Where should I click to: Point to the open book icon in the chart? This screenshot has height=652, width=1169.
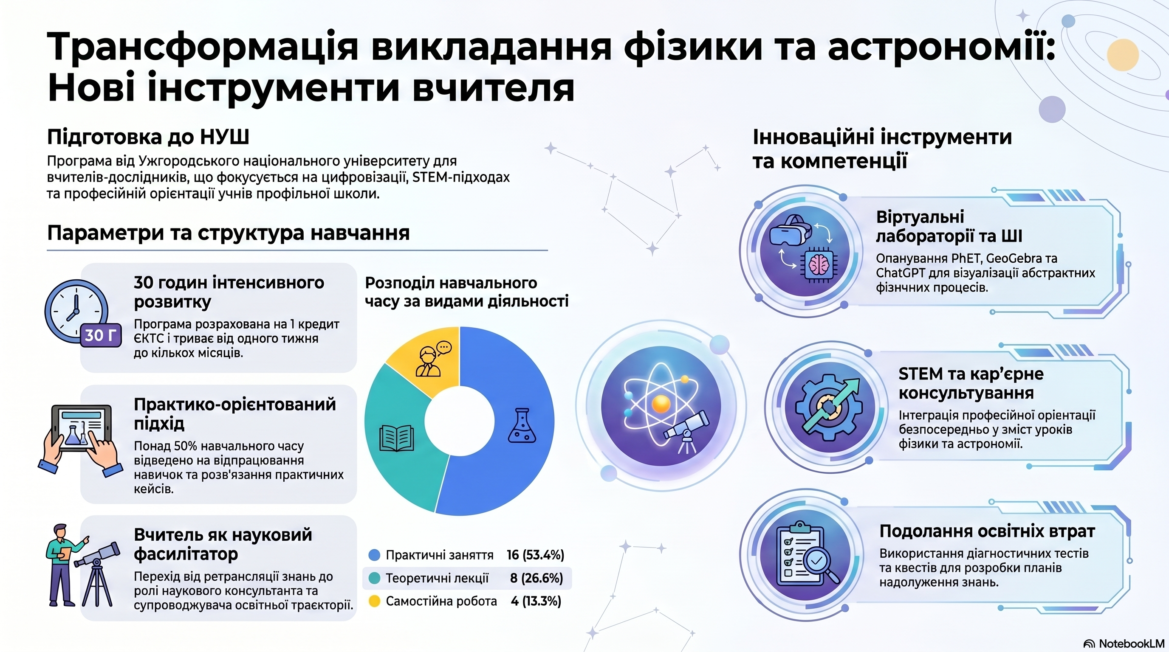tap(396, 438)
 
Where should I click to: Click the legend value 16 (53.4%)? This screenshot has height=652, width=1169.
tap(535, 555)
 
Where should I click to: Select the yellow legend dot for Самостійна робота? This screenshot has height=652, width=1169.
tap(374, 601)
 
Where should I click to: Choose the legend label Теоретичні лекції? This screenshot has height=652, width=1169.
tap(437, 578)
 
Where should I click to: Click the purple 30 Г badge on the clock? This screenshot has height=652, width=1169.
tap(101, 335)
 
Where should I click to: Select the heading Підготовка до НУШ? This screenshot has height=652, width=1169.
tap(148, 137)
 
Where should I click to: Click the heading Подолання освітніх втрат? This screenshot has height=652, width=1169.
tap(987, 531)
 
